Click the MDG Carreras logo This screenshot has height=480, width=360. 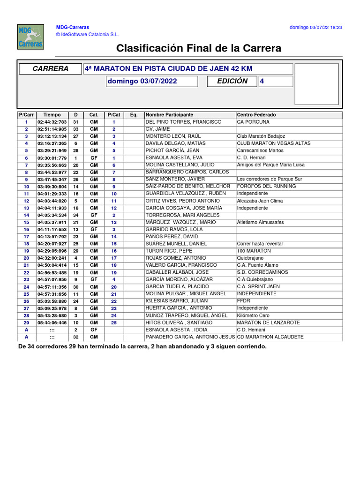point(30,37)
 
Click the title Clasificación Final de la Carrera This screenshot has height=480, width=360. point(199,48)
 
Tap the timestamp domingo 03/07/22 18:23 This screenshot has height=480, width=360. point(315,28)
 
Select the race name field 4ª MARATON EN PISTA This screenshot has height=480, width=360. point(187,69)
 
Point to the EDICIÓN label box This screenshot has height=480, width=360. point(232,81)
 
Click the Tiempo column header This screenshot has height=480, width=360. point(52,115)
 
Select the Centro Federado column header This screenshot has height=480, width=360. point(256,115)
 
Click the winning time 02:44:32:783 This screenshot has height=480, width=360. point(52,122)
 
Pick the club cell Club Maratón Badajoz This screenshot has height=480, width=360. point(261,136)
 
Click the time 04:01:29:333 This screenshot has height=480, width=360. point(52,194)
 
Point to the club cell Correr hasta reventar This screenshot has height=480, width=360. point(260,244)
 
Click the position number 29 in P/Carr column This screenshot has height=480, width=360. point(27,322)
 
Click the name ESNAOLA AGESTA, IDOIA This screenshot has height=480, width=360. point(176,330)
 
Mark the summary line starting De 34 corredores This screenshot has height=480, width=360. point(142,346)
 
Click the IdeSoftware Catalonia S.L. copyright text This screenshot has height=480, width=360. point(88,34)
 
